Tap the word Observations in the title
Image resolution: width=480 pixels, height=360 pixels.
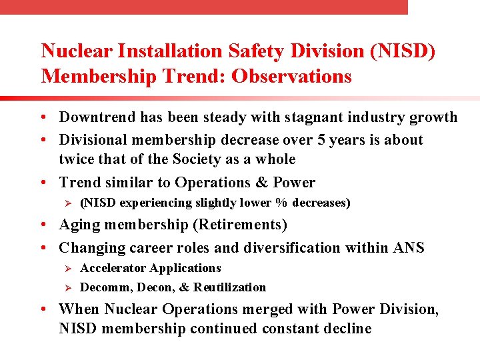point(291,77)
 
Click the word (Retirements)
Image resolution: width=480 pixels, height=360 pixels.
point(234,225)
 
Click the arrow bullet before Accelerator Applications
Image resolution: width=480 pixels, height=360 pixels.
point(66,268)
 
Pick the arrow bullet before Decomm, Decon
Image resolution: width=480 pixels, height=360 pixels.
point(66,287)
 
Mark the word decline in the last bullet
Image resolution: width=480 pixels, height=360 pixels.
point(347,329)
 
